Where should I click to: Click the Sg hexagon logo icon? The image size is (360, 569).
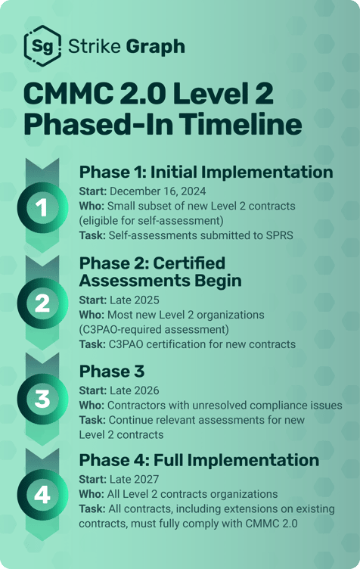[x=39, y=46]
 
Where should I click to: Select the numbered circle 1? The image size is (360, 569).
[x=42, y=207]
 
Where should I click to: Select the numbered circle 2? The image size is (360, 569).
[x=42, y=303]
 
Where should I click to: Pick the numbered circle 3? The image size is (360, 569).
[x=42, y=399]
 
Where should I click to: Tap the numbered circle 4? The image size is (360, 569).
[x=42, y=495]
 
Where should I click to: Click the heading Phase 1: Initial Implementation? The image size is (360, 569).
[x=206, y=172]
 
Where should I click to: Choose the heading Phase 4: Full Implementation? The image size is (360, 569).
[x=200, y=460]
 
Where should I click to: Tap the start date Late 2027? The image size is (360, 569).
[x=132, y=479]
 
